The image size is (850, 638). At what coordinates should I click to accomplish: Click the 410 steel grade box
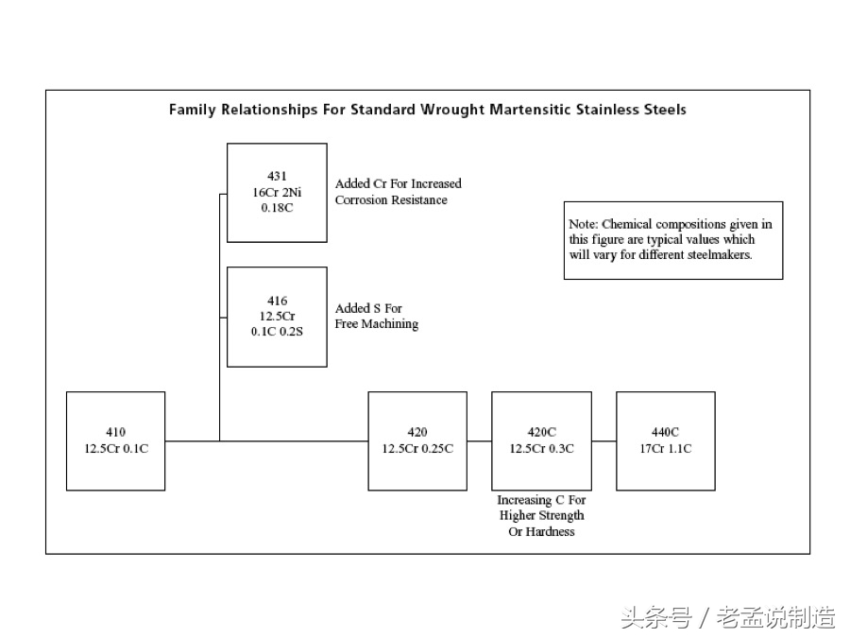(115, 440)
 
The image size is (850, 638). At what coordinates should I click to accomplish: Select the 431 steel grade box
(277, 193)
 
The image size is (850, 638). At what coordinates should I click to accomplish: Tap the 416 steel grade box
(277, 317)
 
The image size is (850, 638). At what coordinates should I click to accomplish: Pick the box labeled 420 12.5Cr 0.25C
(416, 440)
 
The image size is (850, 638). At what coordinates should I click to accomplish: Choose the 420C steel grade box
(541, 440)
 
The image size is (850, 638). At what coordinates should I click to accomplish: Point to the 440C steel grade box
(665, 440)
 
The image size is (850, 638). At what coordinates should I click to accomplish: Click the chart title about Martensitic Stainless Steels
(427, 110)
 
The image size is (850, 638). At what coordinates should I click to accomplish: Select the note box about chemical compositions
(672, 240)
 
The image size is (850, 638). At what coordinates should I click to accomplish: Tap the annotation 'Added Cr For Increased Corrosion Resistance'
(398, 192)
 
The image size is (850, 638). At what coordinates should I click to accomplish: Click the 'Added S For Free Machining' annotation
(376, 316)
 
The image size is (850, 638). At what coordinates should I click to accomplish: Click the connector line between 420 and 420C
(479, 441)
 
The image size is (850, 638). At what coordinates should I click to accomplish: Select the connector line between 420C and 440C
(603, 441)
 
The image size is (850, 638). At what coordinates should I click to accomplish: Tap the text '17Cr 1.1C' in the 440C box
(665, 449)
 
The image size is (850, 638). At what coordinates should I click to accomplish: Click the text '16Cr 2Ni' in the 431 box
(277, 192)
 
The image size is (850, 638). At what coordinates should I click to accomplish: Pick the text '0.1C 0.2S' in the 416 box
(277, 332)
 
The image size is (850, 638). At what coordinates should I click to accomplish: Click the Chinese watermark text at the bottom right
(727, 618)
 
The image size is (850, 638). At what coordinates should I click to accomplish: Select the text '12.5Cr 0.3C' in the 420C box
(541, 449)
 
